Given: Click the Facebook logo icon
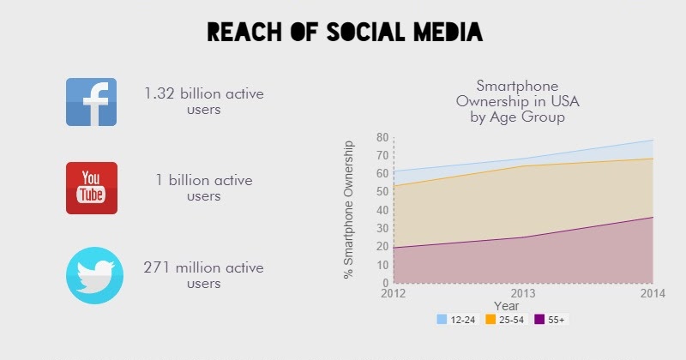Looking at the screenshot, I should pos(91,101).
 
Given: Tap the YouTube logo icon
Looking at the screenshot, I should pos(91,188).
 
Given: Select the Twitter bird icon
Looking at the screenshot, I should pos(91,275).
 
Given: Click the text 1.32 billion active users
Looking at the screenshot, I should pos(203,101).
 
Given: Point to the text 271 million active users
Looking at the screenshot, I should pos(203,275).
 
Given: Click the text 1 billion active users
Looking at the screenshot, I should pos(203,188).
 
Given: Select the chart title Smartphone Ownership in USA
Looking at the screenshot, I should pos(517,101).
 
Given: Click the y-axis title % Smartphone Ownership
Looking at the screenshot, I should pos(349,209).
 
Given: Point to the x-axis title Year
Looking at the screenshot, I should pos(506,305).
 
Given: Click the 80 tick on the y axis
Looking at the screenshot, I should pos(382,137).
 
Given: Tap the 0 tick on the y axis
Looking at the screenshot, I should pos(386,283).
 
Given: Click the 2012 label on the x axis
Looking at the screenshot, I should pos(393,293).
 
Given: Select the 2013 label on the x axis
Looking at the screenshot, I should pos(522,293).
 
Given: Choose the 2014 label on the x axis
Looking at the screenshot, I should pos(652,293).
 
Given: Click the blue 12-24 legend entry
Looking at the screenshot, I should pos(456,320).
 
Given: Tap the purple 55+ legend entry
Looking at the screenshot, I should pos(550,320).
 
